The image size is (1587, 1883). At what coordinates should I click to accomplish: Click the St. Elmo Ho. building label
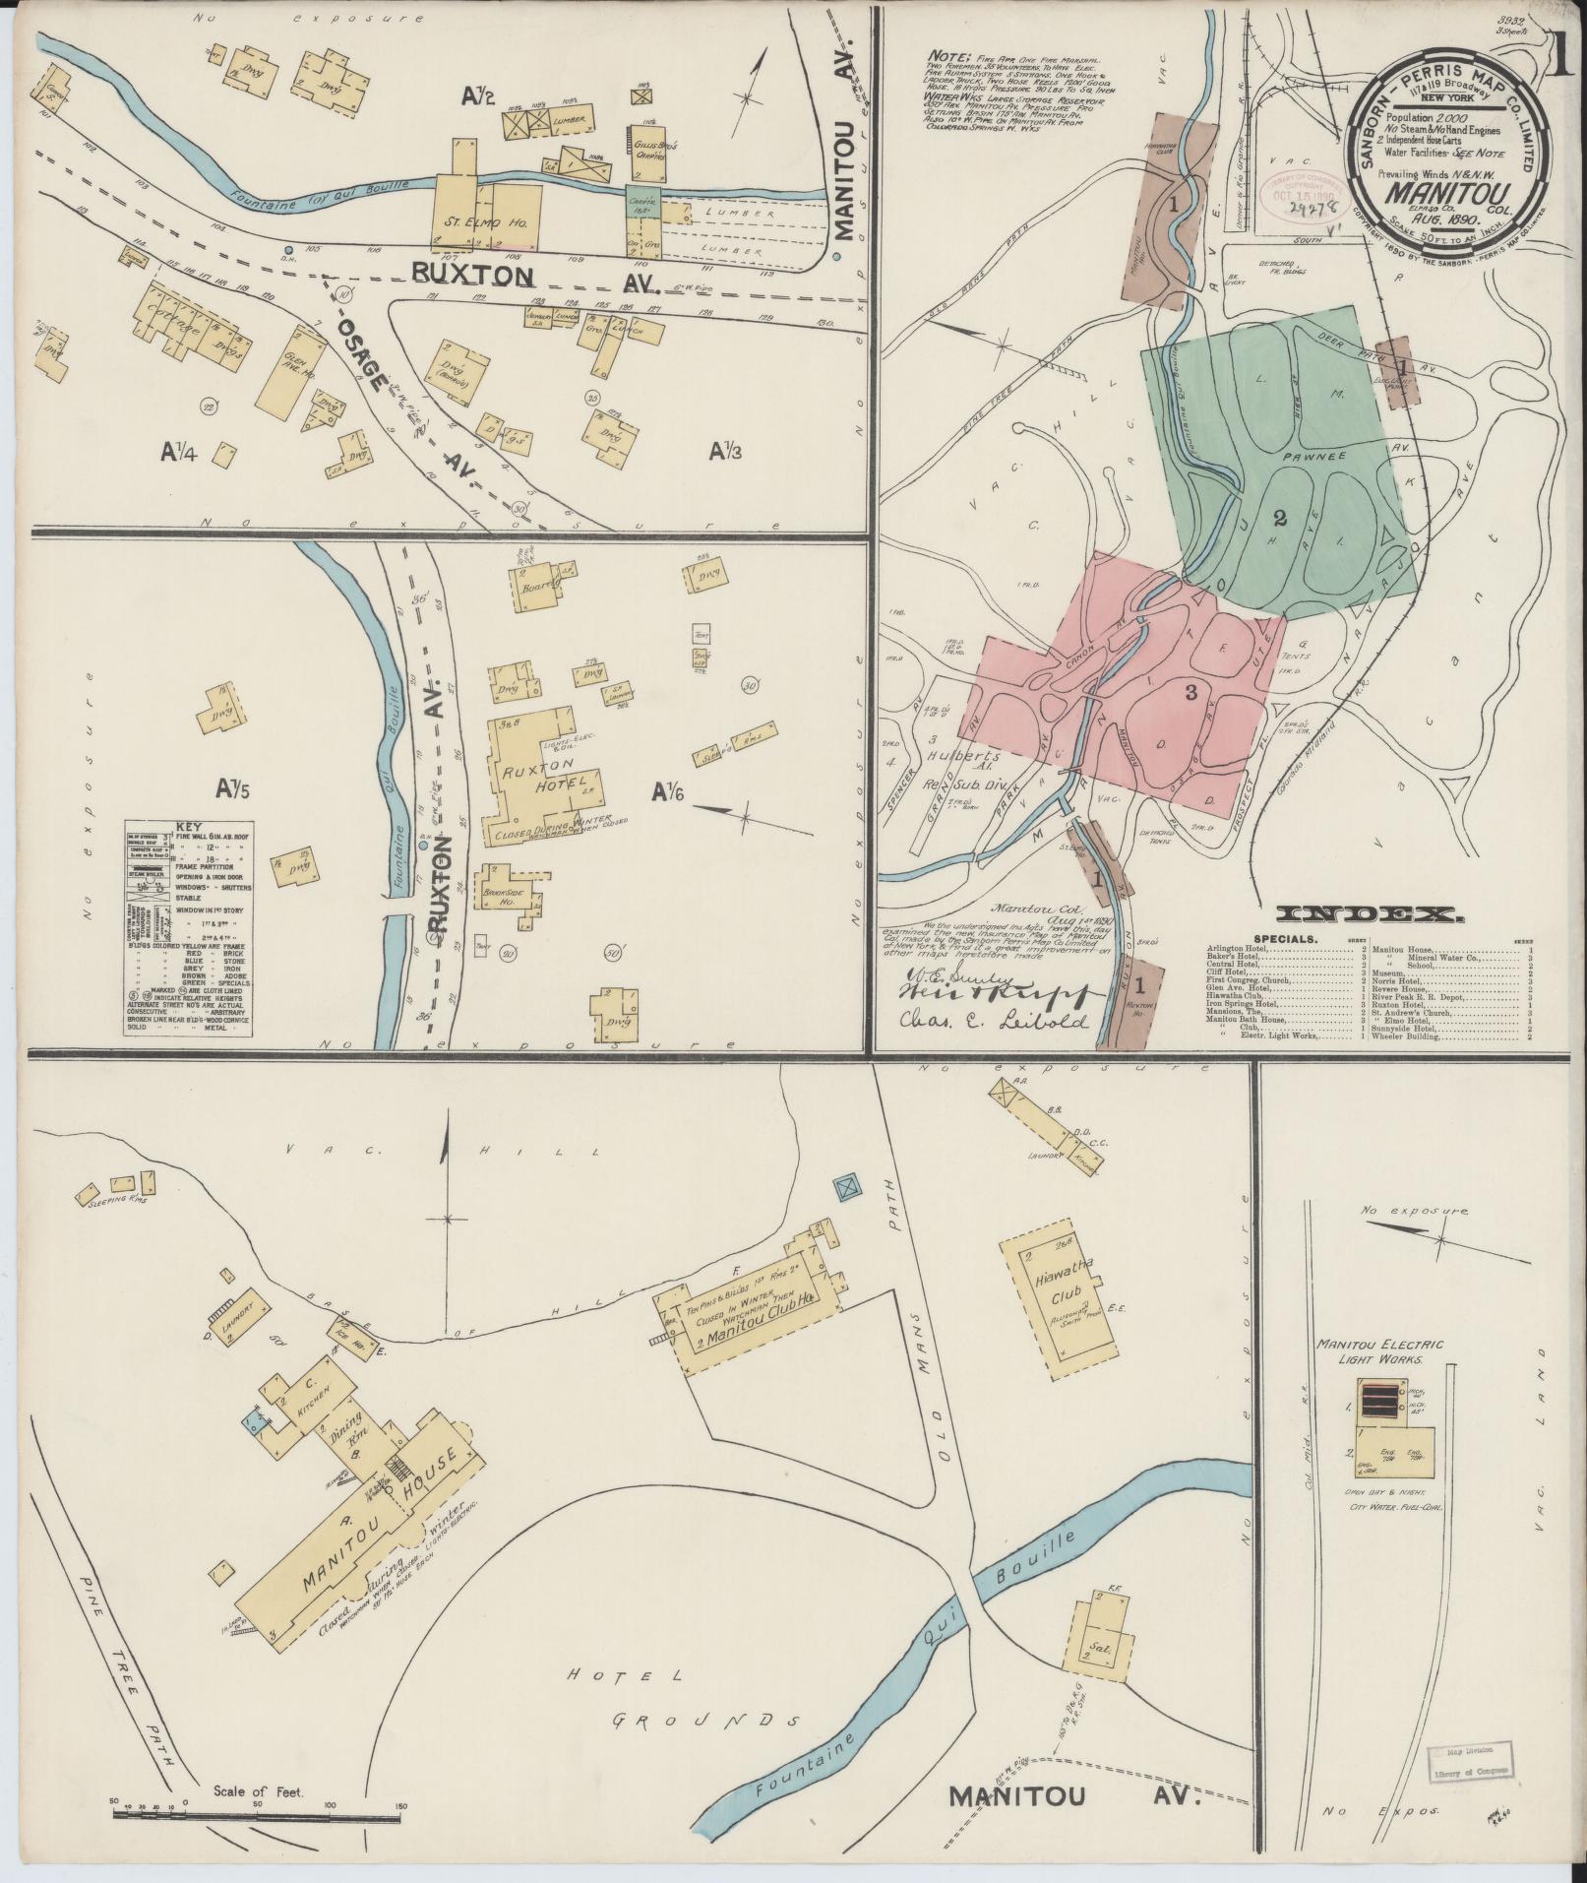coord(488,223)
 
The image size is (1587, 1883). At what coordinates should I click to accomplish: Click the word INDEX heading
coord(1370,914)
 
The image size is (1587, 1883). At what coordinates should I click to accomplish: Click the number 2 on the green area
coord(1280,518)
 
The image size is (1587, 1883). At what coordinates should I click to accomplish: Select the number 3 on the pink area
coord(1190,692)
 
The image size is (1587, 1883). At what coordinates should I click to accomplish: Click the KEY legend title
coord(186,828)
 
